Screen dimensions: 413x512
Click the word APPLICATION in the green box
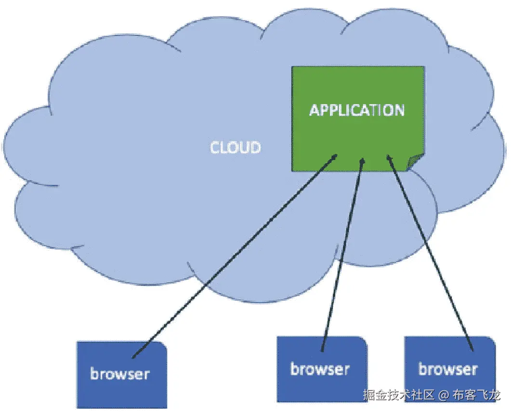(357, 110)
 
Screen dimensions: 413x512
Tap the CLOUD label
(236, 147)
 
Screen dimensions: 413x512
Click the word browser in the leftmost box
(120, 373)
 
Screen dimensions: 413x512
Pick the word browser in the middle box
(320, 369)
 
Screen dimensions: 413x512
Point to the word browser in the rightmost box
(448, 369)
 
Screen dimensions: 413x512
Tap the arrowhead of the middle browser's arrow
(362, 160)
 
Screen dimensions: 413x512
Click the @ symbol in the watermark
(444, 396)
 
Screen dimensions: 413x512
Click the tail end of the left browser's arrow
(133, 357)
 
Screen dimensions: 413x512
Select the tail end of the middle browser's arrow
(322, 350)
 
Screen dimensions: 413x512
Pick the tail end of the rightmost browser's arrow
(472, 350)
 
